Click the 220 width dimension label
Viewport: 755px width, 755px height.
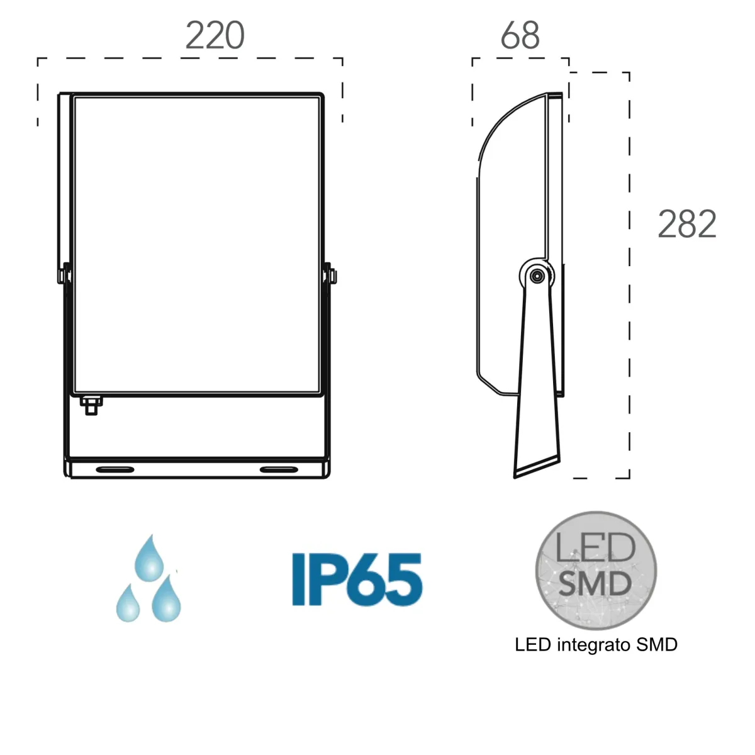click(x=215, y=36)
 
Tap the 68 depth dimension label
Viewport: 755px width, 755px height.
click(x=520, y=36)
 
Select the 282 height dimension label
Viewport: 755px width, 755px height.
click(x=687, y=224)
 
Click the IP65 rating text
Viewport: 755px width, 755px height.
click(x=357, y=579)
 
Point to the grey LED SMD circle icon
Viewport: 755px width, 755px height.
click(x=595, y=570)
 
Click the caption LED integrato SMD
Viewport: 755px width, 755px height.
click(x=596, y=645)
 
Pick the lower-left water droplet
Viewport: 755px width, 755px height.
click(x=128, y=604)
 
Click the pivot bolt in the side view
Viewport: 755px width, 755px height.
click(x=537, y=276)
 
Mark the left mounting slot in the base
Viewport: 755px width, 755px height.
click(x=115, y=469)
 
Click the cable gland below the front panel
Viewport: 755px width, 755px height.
click(x=92, y=405)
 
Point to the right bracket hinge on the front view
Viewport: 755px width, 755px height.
click(x=330, y=275)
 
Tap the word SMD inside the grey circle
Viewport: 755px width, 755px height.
click(x=595, y=584)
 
